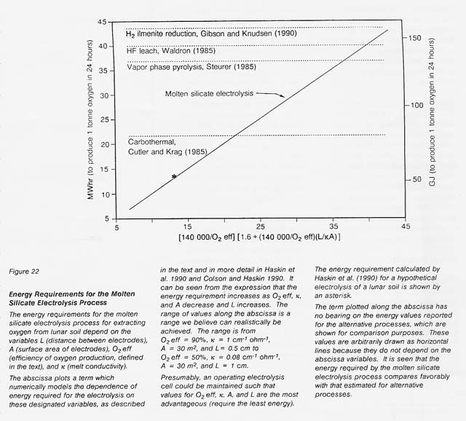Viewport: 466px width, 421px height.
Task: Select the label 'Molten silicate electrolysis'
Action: pyautogui.click(x=208, y=94)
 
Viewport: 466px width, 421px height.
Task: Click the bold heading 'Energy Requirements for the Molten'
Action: pyautogui.click(x=79, y=295)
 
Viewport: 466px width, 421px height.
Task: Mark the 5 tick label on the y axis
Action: pyautogui.click(x=106, y=219)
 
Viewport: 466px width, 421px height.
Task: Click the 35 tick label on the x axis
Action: pyautogui.click(x=333, y=227)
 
